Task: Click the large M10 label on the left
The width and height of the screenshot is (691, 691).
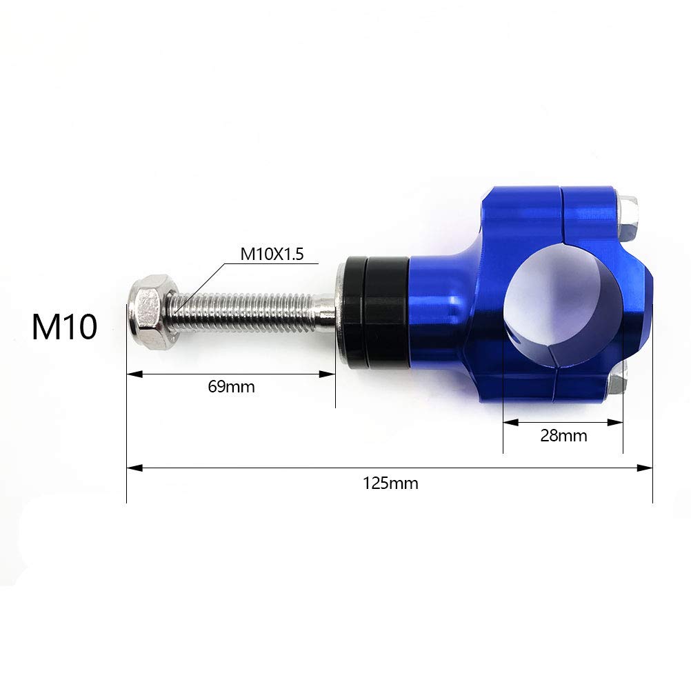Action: (x=64, y=326)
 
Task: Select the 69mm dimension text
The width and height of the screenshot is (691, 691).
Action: (x=231, y=387)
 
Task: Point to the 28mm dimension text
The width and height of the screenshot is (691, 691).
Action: (x=563, y=436)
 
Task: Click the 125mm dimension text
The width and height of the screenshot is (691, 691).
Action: (x=390, y=483)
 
